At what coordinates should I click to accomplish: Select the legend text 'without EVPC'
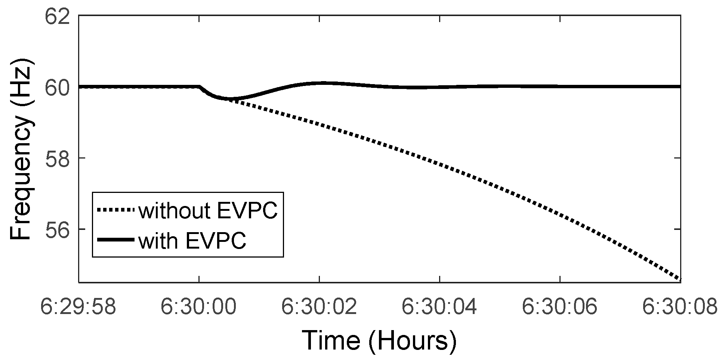tap(208, 211)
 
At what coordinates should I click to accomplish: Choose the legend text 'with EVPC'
tap(192, 241)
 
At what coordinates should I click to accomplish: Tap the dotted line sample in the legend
tap(115, 210)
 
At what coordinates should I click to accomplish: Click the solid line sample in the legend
tap(115, 240)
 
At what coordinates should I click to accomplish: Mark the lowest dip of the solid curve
tap(229, 99)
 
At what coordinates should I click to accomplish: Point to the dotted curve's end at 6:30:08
tap(680, 279)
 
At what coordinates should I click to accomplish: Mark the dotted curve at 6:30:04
tap(439, 164)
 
